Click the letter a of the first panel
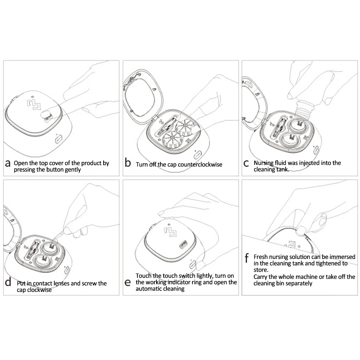8,164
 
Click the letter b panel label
128,162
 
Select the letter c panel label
246,164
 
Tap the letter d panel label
8,282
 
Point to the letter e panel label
127,283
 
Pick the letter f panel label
247,258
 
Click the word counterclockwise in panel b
200,164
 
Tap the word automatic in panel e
147,288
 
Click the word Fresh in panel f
261,257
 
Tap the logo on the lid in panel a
34,104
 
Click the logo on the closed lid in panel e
170,232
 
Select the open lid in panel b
143,96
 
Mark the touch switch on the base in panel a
59,139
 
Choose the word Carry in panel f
261,277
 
